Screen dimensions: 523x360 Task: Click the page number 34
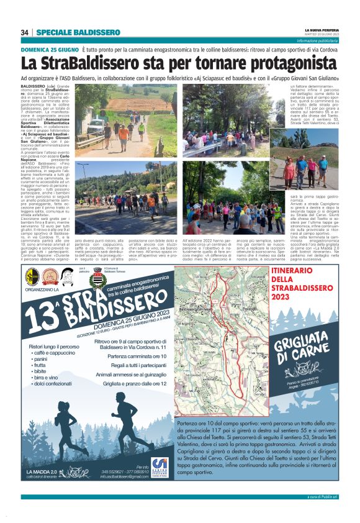(25, 32)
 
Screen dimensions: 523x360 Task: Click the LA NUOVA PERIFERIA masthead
(320, 30)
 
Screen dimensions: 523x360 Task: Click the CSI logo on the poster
(159, 463)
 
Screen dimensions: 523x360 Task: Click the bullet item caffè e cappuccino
(56, 352)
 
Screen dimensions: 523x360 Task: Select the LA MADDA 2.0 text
(42, 472)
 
